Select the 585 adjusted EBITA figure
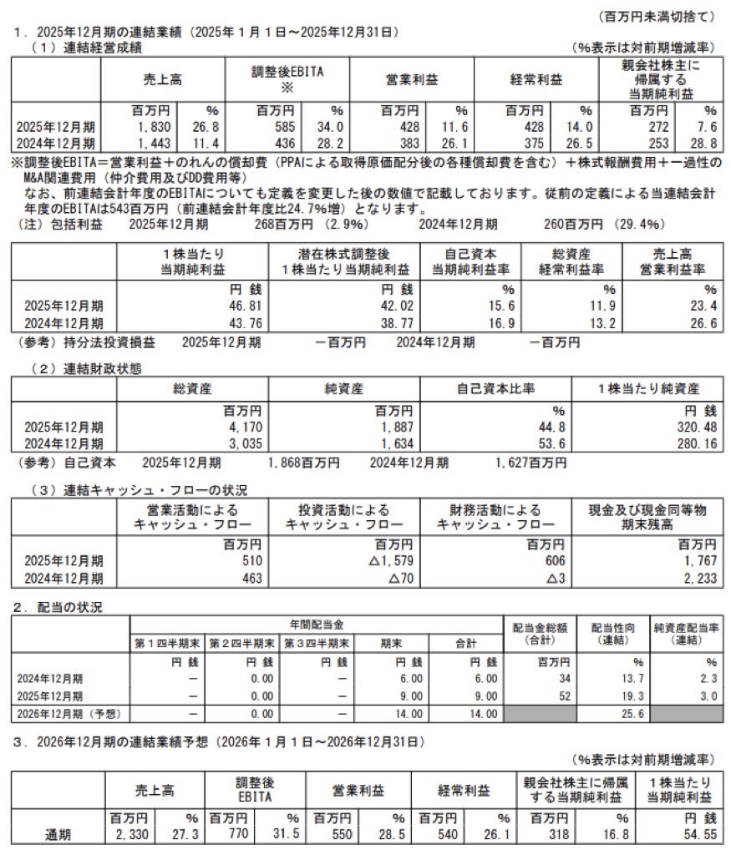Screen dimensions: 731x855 280,125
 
